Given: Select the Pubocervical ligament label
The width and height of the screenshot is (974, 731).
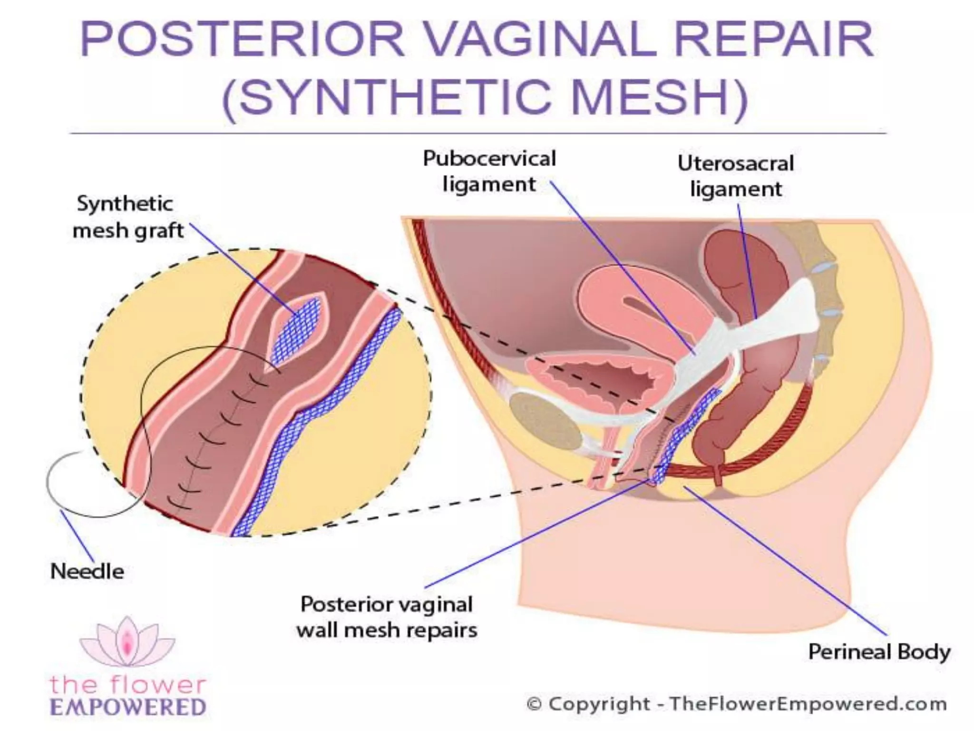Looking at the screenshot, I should coord(489,171).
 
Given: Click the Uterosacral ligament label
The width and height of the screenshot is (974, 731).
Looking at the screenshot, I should coord(736,176).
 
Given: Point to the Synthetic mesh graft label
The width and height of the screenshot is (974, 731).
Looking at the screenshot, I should coord(127,217).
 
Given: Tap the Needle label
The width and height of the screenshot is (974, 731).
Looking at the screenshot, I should coord(87,571).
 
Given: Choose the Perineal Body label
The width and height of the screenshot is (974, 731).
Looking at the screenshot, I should coord(879,652).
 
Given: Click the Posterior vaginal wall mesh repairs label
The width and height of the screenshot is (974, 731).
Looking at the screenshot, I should coord(387,617).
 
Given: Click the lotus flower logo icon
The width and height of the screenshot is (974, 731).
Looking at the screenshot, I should coord(127,640).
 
